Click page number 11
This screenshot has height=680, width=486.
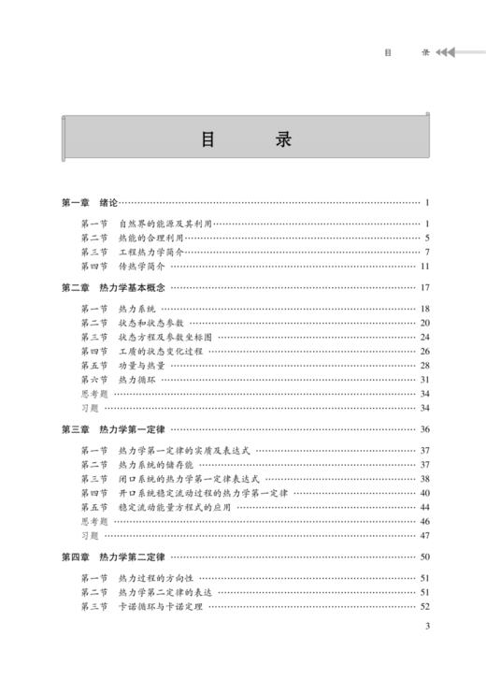point(423,266)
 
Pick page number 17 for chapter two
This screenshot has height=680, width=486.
point(423,287)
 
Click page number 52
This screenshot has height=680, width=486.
point(423,607)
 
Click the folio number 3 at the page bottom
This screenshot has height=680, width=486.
point(426,653)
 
